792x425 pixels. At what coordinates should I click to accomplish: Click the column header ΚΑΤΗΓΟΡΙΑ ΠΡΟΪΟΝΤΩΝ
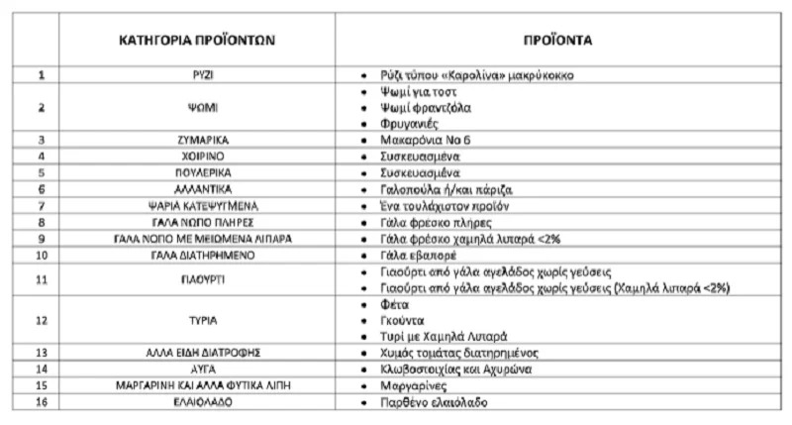tap(197, 43)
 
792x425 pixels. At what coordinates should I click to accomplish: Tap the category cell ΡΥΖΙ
tap(196, 75)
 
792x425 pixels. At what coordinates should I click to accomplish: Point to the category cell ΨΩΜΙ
tap(196, 108)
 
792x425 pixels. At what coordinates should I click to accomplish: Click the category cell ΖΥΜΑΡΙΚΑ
tap(196, 141)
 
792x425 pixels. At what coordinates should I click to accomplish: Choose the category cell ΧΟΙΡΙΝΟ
tap(196, 157)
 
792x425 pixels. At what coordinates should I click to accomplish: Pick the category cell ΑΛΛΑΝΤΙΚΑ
tap(196, 188)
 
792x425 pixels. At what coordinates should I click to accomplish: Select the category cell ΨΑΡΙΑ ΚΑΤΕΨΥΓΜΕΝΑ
tap(196, 205)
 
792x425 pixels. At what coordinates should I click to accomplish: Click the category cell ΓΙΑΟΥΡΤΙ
tap(196, 278)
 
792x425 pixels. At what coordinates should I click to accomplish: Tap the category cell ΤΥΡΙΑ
tap(196, 319)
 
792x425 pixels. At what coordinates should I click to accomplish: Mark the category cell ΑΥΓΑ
tap(196, 368)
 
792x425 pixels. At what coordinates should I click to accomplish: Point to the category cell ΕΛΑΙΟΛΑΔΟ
tap(196, 401)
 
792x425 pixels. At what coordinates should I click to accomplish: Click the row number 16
tap(41, 401)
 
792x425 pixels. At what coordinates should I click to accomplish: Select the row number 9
tap(41, 238)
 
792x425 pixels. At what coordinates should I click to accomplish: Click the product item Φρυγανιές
tap(414, 125)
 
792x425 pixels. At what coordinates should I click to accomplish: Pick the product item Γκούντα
tap(404, 319)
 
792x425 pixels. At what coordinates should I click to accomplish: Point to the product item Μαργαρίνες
tap(419, 384)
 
